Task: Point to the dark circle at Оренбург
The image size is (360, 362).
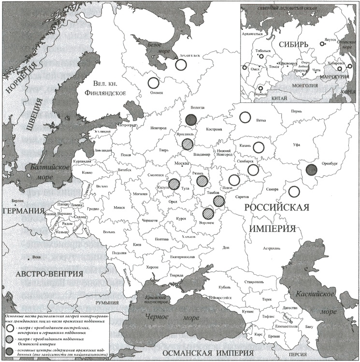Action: click(312, 169)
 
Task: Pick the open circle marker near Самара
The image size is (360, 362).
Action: click(293, 191)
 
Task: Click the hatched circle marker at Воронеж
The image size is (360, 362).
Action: click(208, 213)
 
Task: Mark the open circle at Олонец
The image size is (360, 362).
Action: click(153, 83)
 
